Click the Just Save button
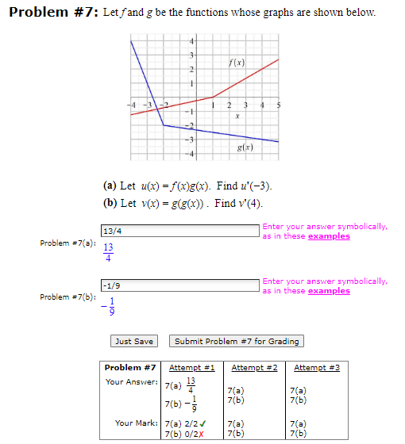134,342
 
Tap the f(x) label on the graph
236,63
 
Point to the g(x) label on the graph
246,148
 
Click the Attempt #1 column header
193,368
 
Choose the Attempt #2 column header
254,368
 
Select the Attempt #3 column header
316,368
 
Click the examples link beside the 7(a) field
328,236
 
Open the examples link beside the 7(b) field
328,291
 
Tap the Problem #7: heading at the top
51,13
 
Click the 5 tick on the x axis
279,105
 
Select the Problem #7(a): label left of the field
67,243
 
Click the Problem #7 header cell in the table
129,368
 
